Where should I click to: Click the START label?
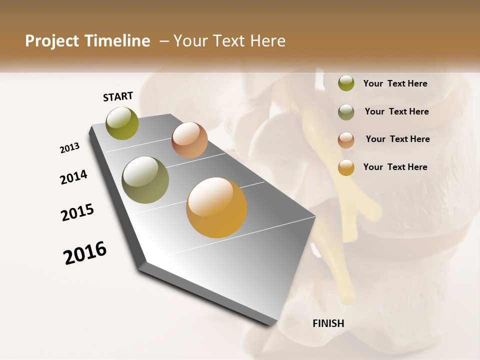(118, 96)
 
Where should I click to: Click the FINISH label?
(328, 323)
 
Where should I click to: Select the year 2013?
(69, 148)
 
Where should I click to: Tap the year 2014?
(73, 177)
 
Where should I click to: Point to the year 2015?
(77, 212)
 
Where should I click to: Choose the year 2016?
(85, 253)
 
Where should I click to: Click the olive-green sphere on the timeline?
(122, 123)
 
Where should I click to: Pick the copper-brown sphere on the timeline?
(189, 140)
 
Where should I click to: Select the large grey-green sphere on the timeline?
(145, 180)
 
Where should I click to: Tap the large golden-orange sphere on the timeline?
(216, 207)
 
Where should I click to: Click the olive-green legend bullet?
(346, 83)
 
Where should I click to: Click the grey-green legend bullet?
(346, 111)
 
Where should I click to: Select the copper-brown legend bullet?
(346, 139)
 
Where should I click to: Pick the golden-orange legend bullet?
(346, 167)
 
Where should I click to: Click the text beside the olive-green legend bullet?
(395, 83)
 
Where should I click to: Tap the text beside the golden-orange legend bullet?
(395, 167)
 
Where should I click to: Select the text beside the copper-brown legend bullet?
(397, 139)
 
